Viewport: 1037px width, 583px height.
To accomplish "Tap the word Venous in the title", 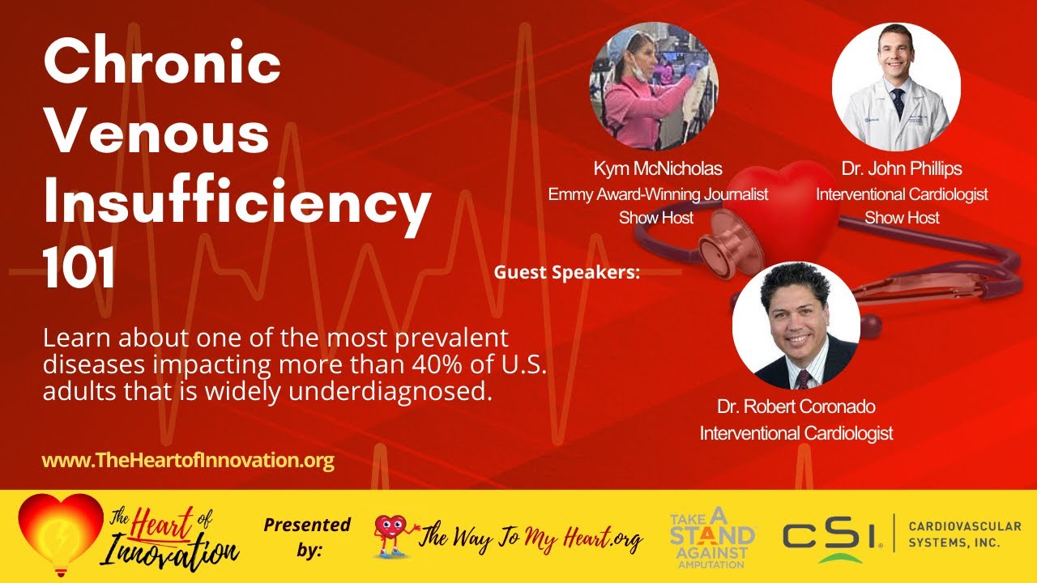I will click(x=156, y=134).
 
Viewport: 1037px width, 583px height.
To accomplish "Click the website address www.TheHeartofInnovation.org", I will click(x=188, y=461).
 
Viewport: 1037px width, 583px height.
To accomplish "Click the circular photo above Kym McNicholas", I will click(x=653, y=87).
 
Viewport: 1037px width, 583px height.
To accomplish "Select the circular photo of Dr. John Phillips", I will click(x=896, y=87).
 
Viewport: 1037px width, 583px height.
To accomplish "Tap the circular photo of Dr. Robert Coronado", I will click(x=796, y=325).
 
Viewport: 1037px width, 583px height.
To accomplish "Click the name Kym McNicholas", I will click(x=657, y=169).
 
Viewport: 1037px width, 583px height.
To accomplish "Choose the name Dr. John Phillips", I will click(x=901, y=169).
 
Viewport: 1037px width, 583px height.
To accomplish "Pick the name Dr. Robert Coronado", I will click(x=796, y=406).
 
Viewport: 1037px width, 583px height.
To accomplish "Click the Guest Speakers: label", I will click(x=566, y=273).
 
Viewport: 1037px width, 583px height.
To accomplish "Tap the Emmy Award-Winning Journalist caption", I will click(x=658, y=194).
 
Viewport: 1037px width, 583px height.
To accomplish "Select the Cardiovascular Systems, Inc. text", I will click(x=964, y=534).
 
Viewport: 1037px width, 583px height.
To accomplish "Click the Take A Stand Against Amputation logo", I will click(x=712, y=536).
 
